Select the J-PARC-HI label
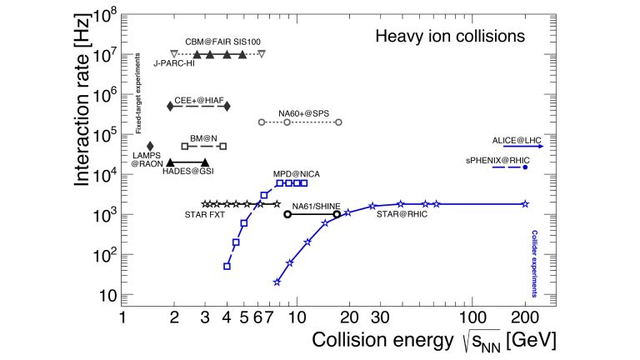click(174, 63)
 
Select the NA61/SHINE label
click(313, 205)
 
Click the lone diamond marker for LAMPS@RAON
click(150, 147)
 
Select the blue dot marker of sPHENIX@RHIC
click(525, 167)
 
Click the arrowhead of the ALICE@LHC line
click(541, 147)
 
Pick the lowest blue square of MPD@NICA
click(227, 266)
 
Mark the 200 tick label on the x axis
click(525, 317)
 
